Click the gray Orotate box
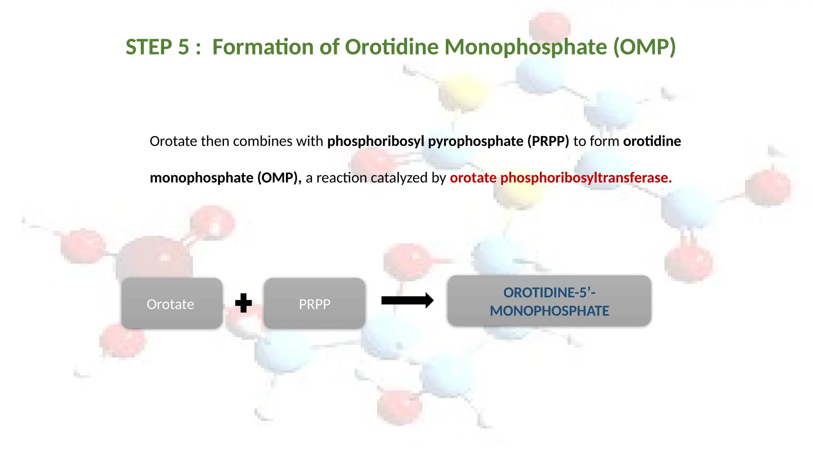(171, 303)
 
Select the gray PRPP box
(314, 303)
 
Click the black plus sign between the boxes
(243, 303)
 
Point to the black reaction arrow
(407, 300)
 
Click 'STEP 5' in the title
(157, 47)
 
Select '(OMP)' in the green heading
(644, 47)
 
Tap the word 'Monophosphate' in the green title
(526, 47)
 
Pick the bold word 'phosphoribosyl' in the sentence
(376, 141)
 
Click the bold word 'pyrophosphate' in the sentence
(476, 141)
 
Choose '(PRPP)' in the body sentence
(548, 141)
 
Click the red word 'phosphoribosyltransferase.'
(586, 178)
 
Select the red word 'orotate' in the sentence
(473, 178)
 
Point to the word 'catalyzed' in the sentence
(399, 178)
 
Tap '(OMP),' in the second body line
(279, 178)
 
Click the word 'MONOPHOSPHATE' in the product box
(549, 311)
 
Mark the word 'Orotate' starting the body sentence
(173, 141)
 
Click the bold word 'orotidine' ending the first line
(652, 141)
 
